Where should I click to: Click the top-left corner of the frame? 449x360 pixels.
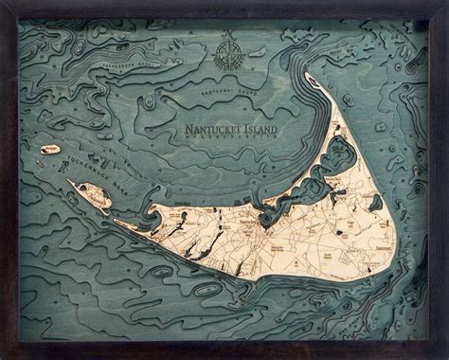point(3,3)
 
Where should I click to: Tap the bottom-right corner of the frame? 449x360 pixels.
point(445,356)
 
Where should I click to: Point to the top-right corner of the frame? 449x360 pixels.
point(445,3)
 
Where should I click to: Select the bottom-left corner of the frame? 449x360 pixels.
point(3,356)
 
